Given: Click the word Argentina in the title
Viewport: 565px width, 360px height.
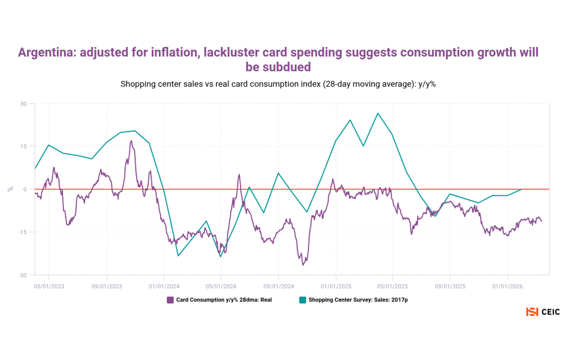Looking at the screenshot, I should point(45,53).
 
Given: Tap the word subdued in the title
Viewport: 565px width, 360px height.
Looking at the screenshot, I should point(278,67).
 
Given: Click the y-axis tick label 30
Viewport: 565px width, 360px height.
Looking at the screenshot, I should point(23,104).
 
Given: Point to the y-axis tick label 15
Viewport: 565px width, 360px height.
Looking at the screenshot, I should point(23,146).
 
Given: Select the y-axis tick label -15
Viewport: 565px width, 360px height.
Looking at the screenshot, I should point(22,232).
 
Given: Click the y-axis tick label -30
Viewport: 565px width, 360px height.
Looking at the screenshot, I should point(22,275).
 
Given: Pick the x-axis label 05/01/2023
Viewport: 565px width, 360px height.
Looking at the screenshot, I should point(49,287).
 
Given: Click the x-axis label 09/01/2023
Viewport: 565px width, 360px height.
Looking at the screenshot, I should point(106,287).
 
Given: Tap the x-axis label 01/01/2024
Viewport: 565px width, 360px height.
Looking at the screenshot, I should point(164,287).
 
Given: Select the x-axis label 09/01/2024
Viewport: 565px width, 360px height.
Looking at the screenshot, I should point(278,287).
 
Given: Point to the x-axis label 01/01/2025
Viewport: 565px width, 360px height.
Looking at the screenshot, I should point(335,287).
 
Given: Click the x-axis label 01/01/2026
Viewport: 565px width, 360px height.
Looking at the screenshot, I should point(508,287).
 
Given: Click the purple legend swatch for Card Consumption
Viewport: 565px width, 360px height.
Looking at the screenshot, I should point(170,300).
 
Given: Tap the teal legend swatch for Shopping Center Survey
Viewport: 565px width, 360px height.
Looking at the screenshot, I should point(302,300).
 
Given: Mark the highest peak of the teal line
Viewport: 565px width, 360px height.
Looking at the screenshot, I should point(378,113).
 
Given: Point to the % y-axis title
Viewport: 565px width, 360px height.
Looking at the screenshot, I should point(10,189).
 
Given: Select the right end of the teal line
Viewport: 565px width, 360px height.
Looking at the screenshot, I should point(521,189).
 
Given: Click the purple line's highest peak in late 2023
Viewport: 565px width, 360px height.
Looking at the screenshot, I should point(131,141).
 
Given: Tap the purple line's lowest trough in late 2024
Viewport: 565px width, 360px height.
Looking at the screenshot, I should point(303,265).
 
